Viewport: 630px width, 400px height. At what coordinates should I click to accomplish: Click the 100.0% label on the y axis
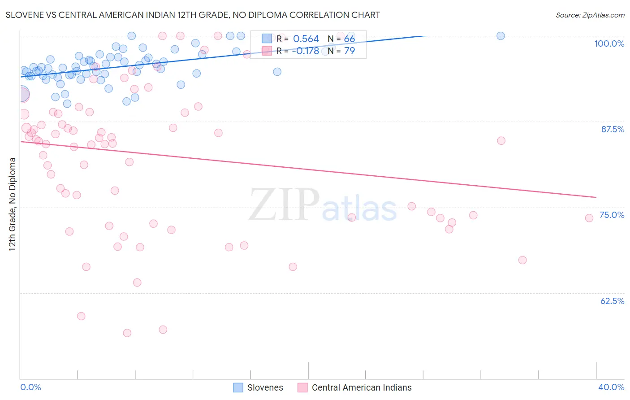(609, 43)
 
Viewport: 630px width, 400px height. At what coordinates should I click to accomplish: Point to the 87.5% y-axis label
(613, 129)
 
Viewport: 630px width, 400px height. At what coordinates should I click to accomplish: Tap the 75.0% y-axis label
(612, 215)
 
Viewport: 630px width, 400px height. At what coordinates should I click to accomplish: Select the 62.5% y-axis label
(612, 301)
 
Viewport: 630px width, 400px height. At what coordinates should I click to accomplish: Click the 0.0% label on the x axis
(30, 387)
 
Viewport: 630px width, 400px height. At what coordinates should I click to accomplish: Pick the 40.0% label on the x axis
(611, 387)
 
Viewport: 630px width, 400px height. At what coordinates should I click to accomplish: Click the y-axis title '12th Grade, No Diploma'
(13, 204)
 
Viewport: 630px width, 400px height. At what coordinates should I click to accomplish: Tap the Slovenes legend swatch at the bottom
(238, 387)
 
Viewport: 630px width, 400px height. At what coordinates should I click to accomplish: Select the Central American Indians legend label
(361, 387)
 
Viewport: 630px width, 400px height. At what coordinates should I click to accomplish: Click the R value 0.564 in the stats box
(306, 39)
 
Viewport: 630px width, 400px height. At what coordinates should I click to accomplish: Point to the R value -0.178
(305, 51)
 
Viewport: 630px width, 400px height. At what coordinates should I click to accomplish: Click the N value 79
(350, 51)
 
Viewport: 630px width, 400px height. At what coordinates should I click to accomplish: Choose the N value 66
(350, 39)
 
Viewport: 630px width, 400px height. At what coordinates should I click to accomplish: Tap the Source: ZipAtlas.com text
(590, 15)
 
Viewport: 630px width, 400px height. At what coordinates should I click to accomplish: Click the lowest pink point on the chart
(127, 333)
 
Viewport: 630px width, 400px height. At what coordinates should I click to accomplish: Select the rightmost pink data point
(589, 218)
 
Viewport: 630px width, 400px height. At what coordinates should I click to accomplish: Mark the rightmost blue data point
(501, 36)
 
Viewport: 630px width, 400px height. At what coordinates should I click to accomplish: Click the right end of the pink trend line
(596, 197)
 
